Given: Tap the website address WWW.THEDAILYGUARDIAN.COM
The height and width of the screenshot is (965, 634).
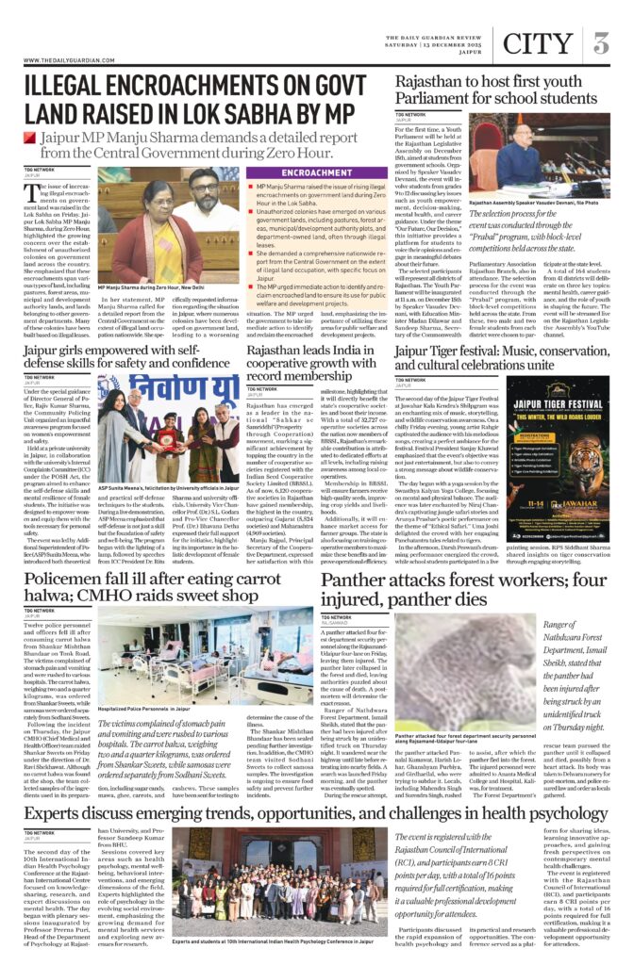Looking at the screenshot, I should click(x=64, y=61).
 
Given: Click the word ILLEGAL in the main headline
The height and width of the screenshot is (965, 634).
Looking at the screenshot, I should click(x=71, y=88).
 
